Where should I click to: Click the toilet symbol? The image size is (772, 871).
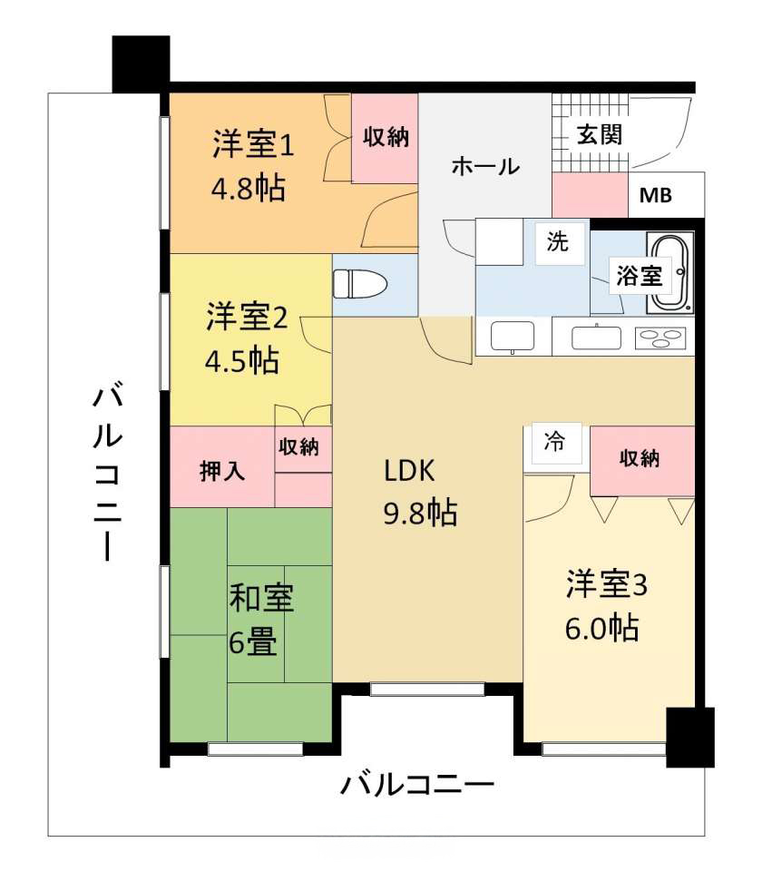[x=359, y=284]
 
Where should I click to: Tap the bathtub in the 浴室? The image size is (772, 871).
[x=669, y=274]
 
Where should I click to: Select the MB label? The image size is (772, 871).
[x=655, y=195]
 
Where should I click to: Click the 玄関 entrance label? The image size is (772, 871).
[x=599, y=135]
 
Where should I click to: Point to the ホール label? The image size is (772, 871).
[x=485, y=166]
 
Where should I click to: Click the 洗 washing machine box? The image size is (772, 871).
[x=560, y=243]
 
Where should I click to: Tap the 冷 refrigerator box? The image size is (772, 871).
[x=556, y=443]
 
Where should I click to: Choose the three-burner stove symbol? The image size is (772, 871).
[x=660, y=338]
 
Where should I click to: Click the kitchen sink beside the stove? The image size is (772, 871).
[x=597, y=338]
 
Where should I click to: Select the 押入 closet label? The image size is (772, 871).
[x=221, y=471]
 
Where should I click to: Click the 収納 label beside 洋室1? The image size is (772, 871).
[x=386, y=137]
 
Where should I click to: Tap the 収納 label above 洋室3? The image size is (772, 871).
[x=640, y=458]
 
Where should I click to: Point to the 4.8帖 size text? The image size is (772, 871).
[x=249, y=189]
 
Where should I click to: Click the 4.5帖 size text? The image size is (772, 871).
[x=242, y=360]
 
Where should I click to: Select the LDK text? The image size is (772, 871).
[x=409, y=471]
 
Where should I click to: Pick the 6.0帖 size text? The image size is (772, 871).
[x=602, y=628]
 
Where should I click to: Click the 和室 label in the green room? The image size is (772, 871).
[x=261, y=598]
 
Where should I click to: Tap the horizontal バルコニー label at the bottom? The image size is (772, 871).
[x=416, y=785]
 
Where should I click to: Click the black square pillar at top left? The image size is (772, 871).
[x=142, y=64]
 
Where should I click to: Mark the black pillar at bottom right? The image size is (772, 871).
[x=690, y=737]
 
